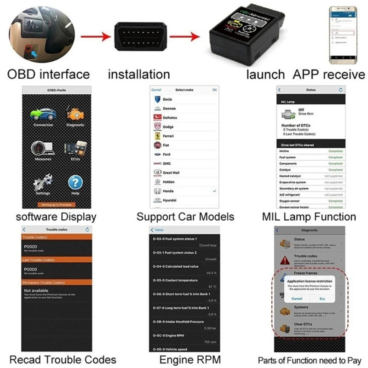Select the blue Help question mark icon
[x=75, y=183]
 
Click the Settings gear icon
[x=43, y=183]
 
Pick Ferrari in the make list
[x=169, y=136]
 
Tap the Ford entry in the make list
[x=167, y=154]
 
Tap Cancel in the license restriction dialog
[x=297, y=299]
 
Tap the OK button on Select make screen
[x=214, y=90]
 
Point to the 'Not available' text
[x=36, y=291]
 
